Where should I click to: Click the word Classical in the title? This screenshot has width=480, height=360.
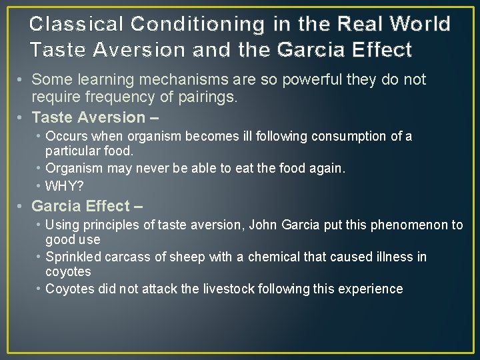(x=77, y=25)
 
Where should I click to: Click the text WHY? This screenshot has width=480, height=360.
(x=65, y=185)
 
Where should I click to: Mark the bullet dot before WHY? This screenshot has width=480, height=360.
(x=40, y=185)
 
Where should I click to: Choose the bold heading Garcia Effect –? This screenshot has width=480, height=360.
(x=87, y=206)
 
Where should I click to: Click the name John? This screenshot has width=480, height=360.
(x=263, y=225)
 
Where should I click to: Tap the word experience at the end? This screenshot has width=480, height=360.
(x=373, y=289)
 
